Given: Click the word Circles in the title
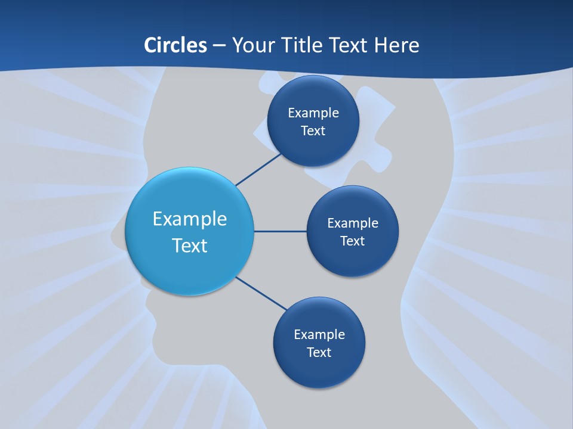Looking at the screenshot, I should (175, 45).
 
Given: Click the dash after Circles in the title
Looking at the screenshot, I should (219, 46).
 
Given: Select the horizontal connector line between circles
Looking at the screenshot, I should (280, 231).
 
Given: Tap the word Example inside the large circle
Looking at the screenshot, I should (190, 219).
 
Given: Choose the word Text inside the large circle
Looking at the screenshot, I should (190, 245).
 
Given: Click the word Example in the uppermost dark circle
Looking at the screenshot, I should (313, 113).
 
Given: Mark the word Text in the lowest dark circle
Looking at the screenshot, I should (319, 352).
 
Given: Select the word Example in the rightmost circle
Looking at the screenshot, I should (353, 223).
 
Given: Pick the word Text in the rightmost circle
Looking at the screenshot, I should (353, 241).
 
